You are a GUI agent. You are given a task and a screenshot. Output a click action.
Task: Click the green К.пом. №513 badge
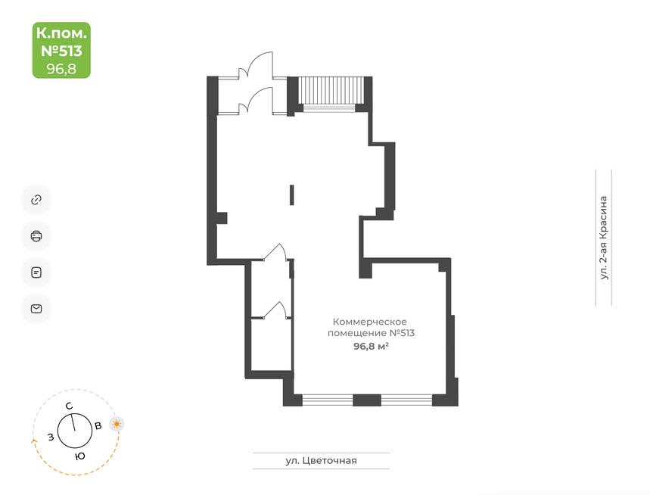[x=61, y=50]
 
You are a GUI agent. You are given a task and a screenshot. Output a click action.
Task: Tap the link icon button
[x=36, y=200]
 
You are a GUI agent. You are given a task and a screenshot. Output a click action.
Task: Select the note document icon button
[x=36, y=272]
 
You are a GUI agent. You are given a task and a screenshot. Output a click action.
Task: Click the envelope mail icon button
[x=36, y=309]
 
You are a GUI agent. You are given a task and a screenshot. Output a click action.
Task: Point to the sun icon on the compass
[x=117, y=424]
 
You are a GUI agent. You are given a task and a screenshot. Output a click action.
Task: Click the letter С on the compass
[x=70, y=406]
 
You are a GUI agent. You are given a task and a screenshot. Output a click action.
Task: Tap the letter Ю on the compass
[x=80, y=456]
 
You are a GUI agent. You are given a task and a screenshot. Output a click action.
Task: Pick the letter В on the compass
[x=98, y=426]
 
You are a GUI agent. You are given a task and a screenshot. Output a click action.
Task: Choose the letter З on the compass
[x=51, y=437]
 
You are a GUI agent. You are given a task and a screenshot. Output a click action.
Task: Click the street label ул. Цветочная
[x=322, y=461]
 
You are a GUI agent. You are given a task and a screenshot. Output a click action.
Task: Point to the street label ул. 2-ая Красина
[x=604, y=238]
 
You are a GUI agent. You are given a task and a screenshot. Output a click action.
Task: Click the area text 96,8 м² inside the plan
[x=371, y=346]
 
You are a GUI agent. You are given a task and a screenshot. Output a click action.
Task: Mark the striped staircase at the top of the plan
[x=331, y=90]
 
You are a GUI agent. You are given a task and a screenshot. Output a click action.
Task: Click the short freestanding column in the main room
[x=292, y=195]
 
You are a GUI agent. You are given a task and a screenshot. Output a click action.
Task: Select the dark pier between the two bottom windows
[x=367, y=400]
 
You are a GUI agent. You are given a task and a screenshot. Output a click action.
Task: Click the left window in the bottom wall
[x=328, y=400]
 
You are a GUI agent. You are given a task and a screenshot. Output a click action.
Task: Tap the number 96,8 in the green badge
[x=61, y=68]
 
